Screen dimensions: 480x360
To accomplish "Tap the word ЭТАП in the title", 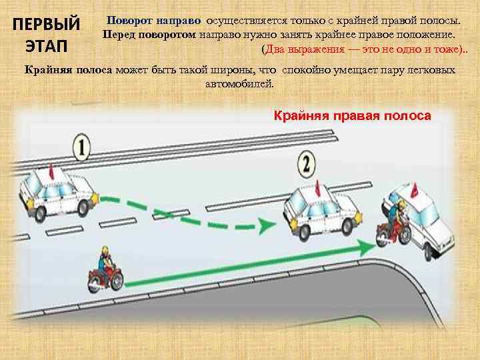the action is coord(47,49).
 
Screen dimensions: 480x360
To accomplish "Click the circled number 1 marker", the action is coord(81,147).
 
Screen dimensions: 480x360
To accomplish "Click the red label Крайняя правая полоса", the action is coord(353,116).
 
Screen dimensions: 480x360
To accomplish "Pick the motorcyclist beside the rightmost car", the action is coord(393,223).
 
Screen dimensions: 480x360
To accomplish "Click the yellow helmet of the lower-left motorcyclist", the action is coord(104,253).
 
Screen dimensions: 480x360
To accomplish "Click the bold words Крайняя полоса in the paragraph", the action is coord(68,69).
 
